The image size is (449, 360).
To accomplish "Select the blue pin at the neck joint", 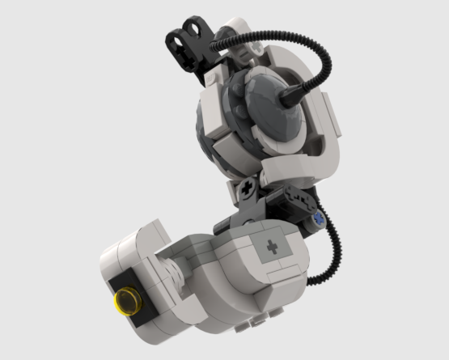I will coord(320,218).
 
